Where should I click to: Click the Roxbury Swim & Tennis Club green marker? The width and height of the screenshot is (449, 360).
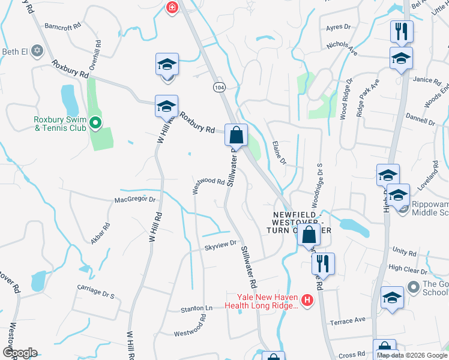coord(95,124)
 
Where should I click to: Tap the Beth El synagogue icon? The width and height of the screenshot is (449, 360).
coord(37,51)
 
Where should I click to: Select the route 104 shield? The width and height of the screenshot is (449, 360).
coord(219,88)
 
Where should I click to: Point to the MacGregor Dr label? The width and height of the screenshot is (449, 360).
coord(136,199)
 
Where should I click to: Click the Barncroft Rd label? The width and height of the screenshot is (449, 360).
coord(62,27)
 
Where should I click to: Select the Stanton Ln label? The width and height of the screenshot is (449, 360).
coord(197,309)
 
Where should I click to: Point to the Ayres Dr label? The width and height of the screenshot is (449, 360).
coord(338,27)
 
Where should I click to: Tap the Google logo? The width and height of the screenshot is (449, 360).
coord(19,353)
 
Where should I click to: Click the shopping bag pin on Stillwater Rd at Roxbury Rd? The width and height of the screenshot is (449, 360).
coord(237,135)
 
